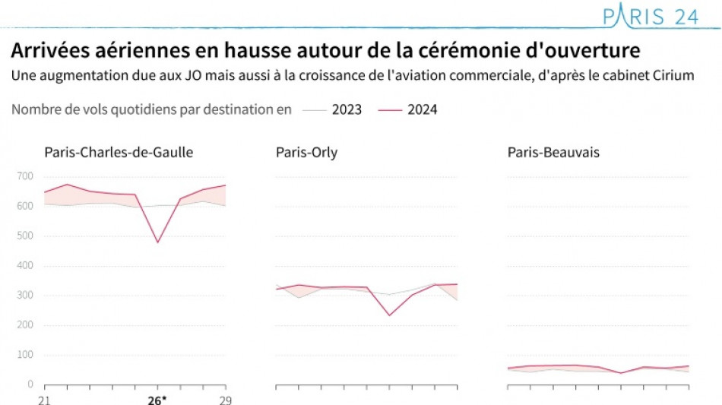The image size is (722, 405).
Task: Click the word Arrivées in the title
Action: [45, 52]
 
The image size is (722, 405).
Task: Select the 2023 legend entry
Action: [346, 109]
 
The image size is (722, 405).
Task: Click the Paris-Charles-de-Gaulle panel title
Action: [119, 153]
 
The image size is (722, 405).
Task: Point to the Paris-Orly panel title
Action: [306, 153]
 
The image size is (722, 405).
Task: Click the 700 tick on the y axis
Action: [25, 176]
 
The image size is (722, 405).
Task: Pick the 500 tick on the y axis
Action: [25, 236]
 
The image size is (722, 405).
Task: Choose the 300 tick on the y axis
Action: [25, 296]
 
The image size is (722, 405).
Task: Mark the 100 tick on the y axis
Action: [25, 355]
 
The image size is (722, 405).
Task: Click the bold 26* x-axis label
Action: [157, 399]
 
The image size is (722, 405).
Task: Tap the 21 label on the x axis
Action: [45, 399]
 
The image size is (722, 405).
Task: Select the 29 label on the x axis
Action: [226, 399]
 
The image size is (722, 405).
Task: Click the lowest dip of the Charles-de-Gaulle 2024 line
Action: [157, 242]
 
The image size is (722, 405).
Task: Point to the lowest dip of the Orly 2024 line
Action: [389, 315]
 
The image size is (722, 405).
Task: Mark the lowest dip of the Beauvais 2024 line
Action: [621, 373]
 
